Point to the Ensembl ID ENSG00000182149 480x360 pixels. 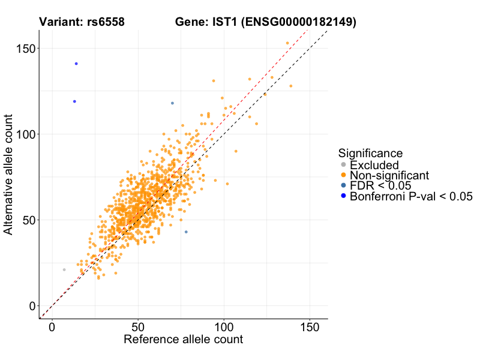coord(299,22)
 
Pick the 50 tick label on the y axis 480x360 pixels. coord(26,220)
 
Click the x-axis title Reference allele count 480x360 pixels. coord(183,340)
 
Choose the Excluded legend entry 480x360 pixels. coord(374,165)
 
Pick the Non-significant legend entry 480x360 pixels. coord(389,175)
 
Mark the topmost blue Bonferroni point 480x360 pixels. coord(76,64)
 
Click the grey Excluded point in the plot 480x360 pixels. coord(64,270)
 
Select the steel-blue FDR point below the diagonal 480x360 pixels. coord(186,232)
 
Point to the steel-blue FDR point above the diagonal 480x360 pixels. coord(172,103)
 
